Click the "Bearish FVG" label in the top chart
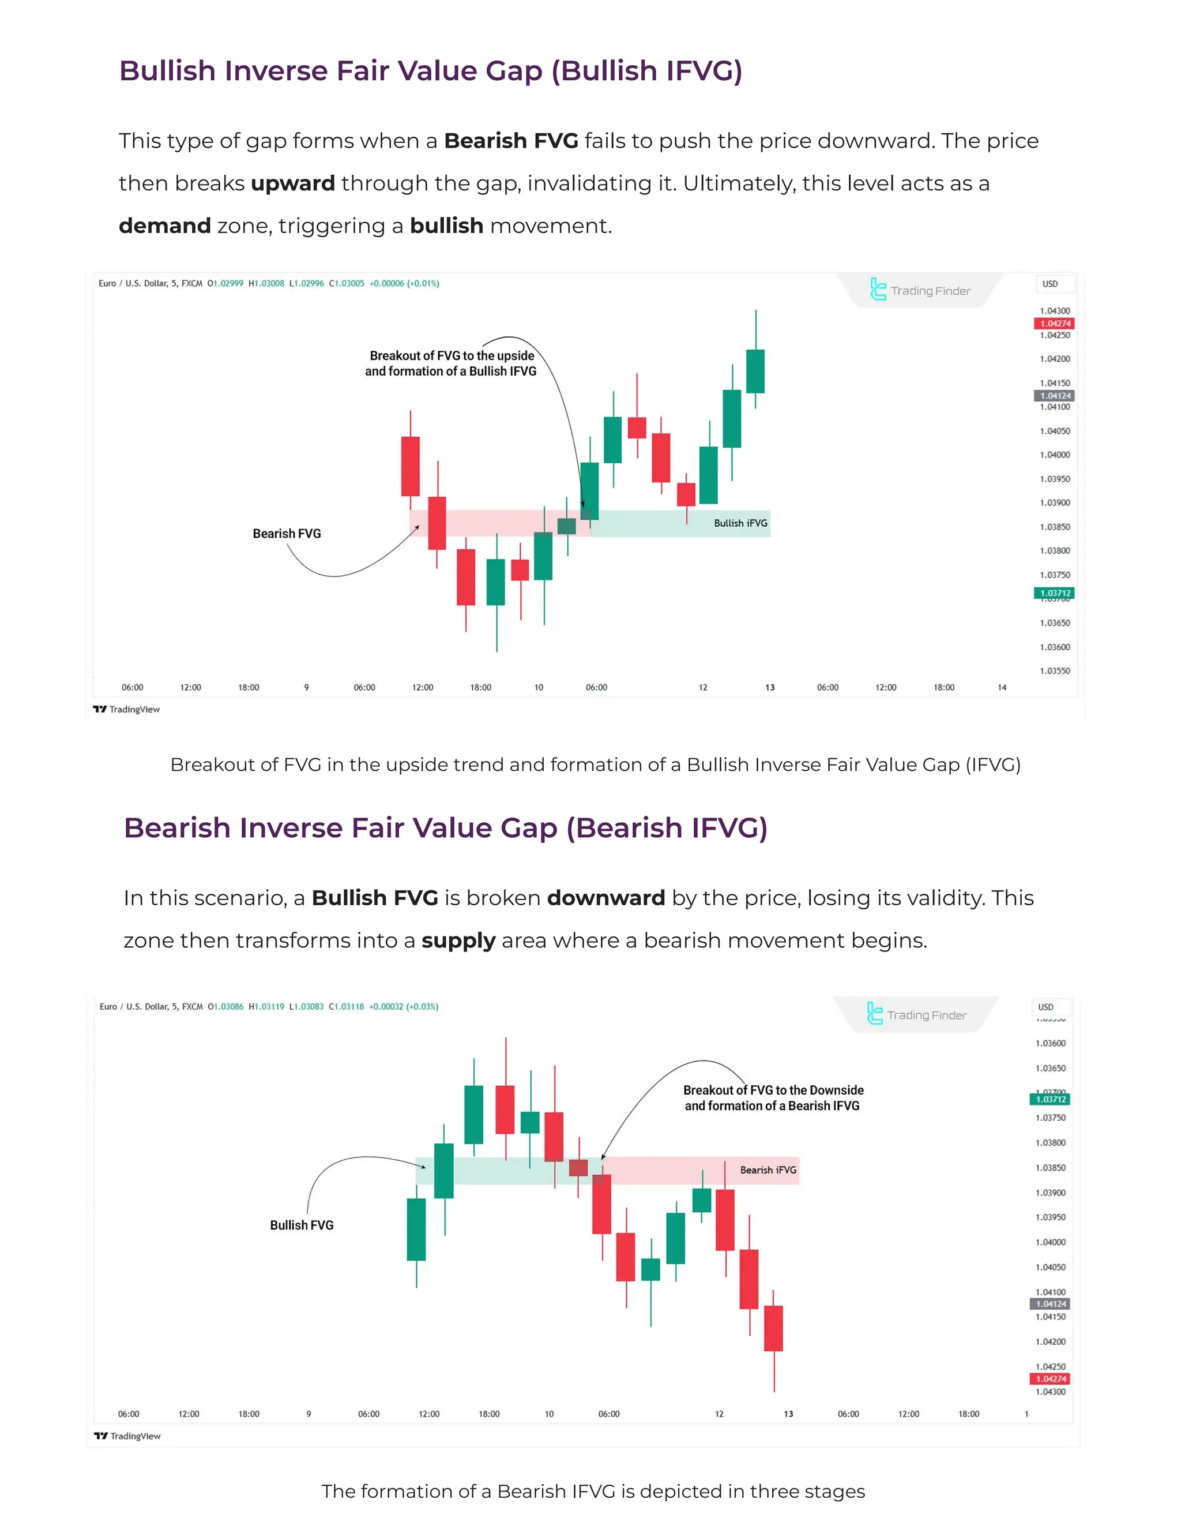coord(287,534)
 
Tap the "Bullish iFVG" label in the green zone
coord(740,523)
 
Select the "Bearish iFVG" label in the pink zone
coord(768,1170)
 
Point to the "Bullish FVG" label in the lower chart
coord(302,1225)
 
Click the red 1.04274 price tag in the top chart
coord(1054,324)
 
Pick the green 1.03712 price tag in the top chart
coord(1054,593)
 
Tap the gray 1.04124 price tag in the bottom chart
coord(1050,1303)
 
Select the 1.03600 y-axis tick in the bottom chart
coord(1050,1043)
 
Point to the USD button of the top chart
coord(1050,283)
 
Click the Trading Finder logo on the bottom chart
coord(916,1014)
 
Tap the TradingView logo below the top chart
coord(127,709)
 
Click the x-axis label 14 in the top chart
coord(1002,688)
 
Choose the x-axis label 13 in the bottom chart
coord(788,1414)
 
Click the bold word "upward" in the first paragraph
coord(292,183)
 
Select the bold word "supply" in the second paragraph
coord(458,940)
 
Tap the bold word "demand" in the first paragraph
coord(164,226)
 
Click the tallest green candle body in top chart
coord(731,419)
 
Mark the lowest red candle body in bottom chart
coord(773,1328)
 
